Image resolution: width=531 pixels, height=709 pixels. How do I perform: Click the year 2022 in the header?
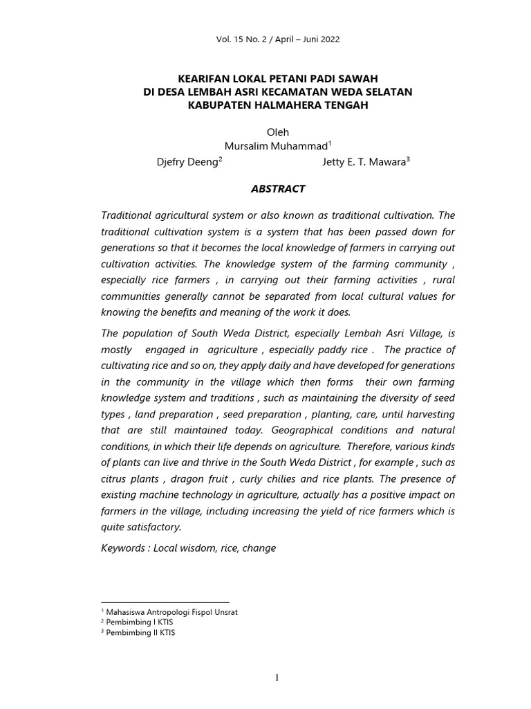(329, 39)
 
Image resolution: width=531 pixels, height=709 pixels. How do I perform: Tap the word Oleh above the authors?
(277, 132)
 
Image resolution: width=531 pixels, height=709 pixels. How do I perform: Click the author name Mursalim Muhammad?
(276, 146)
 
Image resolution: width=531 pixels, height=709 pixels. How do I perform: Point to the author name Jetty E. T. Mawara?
(364, 162)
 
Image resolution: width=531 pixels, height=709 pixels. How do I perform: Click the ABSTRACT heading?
(277, 188)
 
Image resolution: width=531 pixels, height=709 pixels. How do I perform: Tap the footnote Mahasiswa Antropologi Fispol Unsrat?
(172, 613)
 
